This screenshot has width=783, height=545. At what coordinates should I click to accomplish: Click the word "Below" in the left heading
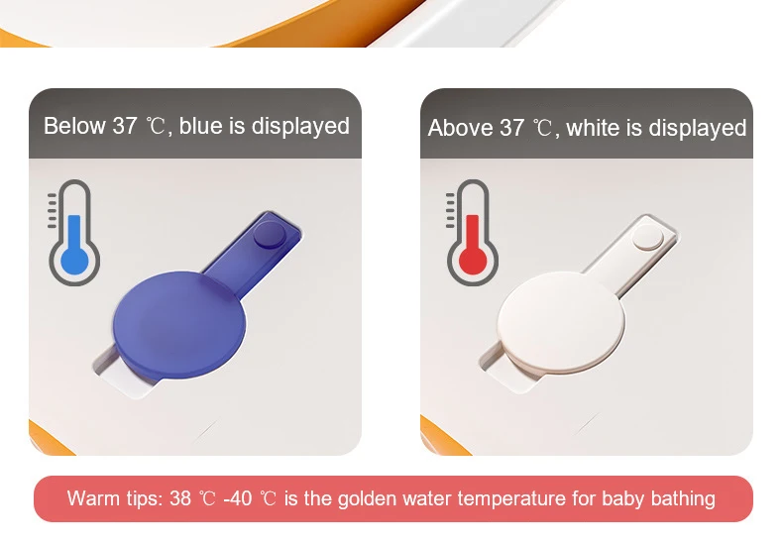point(74,126)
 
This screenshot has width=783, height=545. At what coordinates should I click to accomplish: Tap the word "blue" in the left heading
point(201,126)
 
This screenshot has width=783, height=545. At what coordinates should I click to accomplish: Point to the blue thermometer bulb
point(74,260)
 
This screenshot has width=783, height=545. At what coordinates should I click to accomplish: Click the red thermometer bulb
point(472,260)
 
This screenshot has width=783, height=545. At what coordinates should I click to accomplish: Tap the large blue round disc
point(179,324)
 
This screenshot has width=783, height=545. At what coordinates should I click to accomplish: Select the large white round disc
point(561,322)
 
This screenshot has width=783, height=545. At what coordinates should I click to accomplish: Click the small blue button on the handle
point(271,235)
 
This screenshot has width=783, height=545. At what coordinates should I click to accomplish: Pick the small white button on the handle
point(648,237)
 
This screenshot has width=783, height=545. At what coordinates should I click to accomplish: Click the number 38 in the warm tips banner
point(180,498)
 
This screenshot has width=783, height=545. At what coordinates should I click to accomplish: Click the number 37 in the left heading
point(124,126)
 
